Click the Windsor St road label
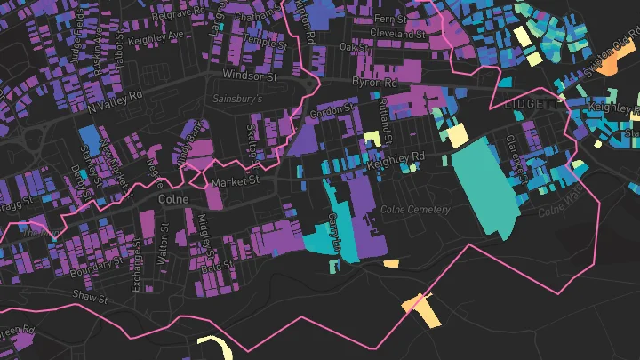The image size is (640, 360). (251, 77)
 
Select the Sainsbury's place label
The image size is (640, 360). (237, 100)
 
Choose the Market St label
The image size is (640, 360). (235, 180)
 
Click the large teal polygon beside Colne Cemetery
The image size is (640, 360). (483, 182)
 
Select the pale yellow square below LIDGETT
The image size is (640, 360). (456, 136)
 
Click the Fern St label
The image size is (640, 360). (389, 18)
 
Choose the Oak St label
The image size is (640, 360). (359, 45)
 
